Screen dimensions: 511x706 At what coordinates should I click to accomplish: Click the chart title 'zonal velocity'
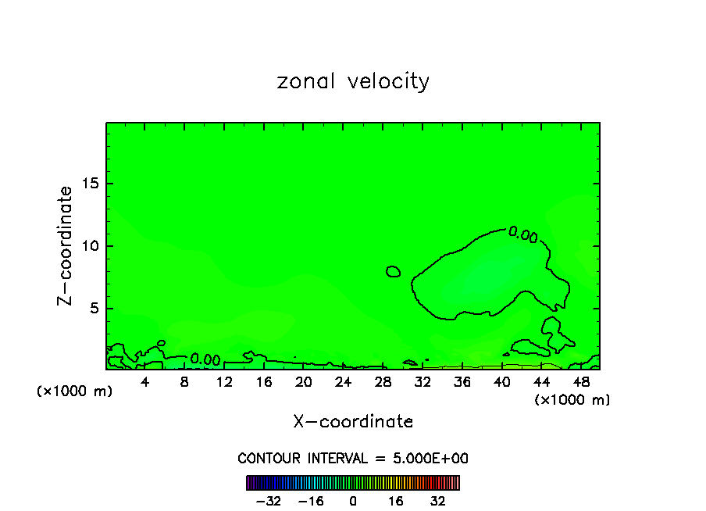coord(353,81)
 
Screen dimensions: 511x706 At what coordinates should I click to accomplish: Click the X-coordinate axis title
coord(353,422)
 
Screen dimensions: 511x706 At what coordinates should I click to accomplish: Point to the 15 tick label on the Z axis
coord(90,184)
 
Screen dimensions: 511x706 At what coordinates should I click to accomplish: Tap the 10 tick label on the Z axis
coord(90,246)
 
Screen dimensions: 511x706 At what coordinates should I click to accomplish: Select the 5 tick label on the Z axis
coord(94,309)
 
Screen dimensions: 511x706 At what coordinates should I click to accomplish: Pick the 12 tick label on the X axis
coord(224,382)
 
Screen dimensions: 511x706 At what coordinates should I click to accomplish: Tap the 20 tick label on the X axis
coord(303,382)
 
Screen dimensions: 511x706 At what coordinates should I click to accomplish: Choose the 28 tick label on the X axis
coord(383,382)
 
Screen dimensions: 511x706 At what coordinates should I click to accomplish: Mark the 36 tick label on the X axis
coord(462,382)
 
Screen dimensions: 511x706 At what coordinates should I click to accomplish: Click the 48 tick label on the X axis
coord(580,382)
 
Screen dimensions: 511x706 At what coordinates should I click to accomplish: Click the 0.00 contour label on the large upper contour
coord(523,234)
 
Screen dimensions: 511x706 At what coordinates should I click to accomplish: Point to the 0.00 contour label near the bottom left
coord(205,359)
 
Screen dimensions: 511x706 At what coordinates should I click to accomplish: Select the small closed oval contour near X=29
coord(394,271)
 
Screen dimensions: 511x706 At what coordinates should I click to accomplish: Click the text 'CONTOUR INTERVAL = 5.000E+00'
coord(353,458)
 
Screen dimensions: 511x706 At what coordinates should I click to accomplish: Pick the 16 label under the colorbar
coord(396,501)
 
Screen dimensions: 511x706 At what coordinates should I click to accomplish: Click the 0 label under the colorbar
coord(353,501)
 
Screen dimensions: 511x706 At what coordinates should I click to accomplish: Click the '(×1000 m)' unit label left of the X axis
coord(75,391)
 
